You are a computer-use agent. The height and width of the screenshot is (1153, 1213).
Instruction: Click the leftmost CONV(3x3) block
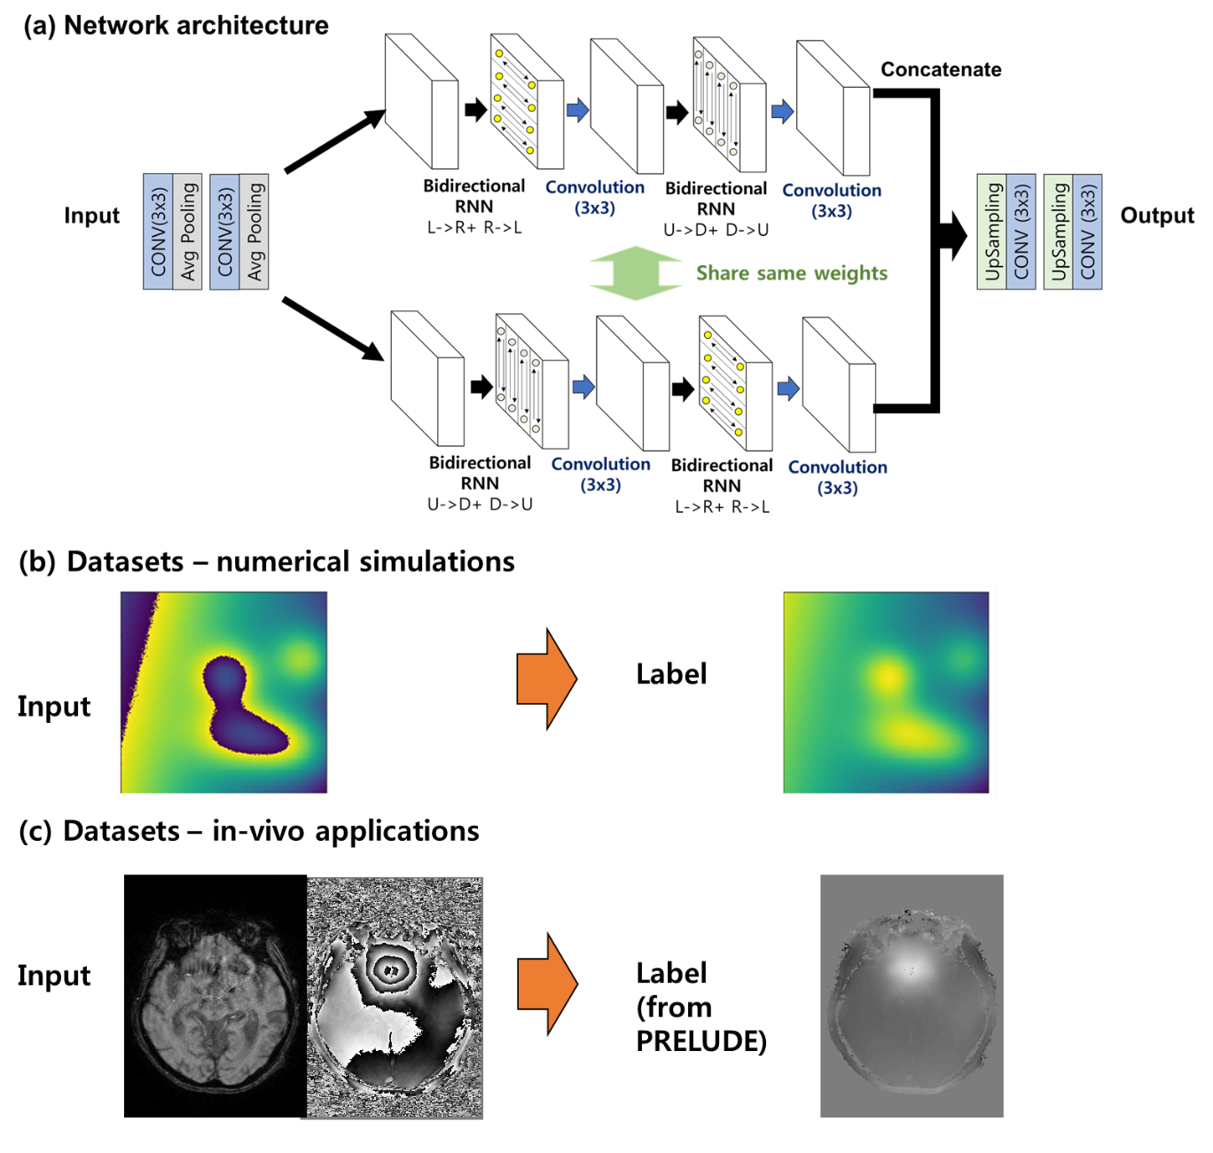pos(158,231)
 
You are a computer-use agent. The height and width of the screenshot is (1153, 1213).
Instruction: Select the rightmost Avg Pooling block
pos(254,231)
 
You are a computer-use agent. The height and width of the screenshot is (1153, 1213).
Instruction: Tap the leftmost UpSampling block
pos(992,231)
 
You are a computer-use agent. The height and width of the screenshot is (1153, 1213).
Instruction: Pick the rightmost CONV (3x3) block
pos(1088,231)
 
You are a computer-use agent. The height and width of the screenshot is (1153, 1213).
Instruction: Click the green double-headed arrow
pos(636,273)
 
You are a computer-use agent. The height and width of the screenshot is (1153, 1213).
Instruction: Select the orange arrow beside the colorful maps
pos(546,679)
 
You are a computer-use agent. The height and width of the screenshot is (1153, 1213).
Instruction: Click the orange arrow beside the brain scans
pos(547,984)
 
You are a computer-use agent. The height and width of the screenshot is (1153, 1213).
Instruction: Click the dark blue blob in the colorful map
pos(239,710)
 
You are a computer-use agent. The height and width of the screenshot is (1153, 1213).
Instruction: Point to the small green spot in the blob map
pos(301,658)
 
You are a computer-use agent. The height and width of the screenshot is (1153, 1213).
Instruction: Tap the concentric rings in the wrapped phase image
pos(391,969)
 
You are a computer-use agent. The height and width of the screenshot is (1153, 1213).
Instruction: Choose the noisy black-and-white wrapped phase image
pos(395,998)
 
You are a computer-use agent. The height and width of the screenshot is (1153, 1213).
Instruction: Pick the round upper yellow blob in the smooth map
pos(888,678)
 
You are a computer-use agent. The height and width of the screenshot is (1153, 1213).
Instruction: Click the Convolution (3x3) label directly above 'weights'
pos(832,200)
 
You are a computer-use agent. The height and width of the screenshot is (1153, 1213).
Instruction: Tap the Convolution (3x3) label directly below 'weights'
pos(838,477)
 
